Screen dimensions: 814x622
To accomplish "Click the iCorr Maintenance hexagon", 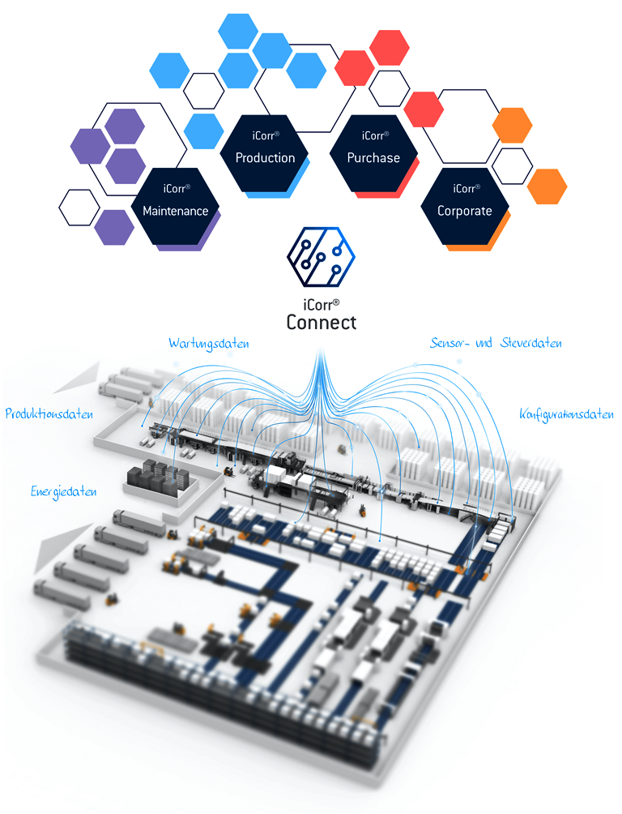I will tap(176, 205).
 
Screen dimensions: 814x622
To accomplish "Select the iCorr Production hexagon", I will tap(265, 152).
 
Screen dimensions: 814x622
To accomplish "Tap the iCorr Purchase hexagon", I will tap(373, 152).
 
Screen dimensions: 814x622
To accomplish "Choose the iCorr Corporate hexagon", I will tap(465, 204).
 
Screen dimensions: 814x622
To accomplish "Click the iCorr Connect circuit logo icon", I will tap(322, 258).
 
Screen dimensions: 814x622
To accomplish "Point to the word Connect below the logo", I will tap(322, 323).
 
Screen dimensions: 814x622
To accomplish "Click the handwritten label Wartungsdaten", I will tap(208, 343).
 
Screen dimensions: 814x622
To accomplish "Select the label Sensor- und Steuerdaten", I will tap(496, 343).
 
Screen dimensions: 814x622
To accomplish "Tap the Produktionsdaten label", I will tap(49, 413).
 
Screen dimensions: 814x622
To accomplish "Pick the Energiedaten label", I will tap(64, 491).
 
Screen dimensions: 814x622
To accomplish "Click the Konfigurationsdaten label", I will tap(565, 414).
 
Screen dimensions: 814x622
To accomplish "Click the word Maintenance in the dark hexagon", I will tap(176, 212).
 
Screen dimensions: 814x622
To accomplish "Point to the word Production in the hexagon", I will tap(265, 158).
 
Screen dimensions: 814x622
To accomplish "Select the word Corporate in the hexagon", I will tap(465, 211).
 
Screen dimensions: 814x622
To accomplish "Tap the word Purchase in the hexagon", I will tap(373, 158).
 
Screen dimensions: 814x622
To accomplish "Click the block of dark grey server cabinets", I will tap(160, 476).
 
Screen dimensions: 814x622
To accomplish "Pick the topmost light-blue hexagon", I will tap(238, 31).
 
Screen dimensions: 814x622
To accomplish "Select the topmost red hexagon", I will tap(389, 47).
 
